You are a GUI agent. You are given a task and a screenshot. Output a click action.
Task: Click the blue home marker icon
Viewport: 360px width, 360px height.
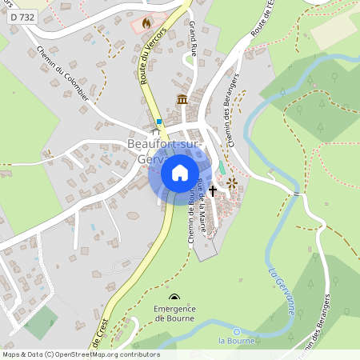point(179,173)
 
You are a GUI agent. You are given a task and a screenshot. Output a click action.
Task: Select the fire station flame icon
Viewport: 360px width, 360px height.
point(146,24)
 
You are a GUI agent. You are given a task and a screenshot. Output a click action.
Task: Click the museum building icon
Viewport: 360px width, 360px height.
point(182,99)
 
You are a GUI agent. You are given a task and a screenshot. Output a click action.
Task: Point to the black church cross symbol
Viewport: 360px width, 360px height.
point(212,190)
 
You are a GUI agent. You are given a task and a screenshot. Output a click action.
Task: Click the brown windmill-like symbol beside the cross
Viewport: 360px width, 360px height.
point(232,184)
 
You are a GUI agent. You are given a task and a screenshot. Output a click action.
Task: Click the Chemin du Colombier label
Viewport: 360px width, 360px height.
point(62,73)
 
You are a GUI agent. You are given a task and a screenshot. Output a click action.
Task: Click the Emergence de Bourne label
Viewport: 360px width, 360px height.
point(174,313)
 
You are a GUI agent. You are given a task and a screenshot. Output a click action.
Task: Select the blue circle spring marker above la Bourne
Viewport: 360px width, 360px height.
point(236,331)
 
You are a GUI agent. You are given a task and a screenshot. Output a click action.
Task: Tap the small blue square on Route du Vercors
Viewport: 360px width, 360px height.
point(159,122)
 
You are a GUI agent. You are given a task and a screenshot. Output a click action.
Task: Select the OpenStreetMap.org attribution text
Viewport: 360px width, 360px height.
point(94,354)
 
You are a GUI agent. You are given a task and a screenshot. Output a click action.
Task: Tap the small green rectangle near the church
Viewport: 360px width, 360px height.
point(221,167)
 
